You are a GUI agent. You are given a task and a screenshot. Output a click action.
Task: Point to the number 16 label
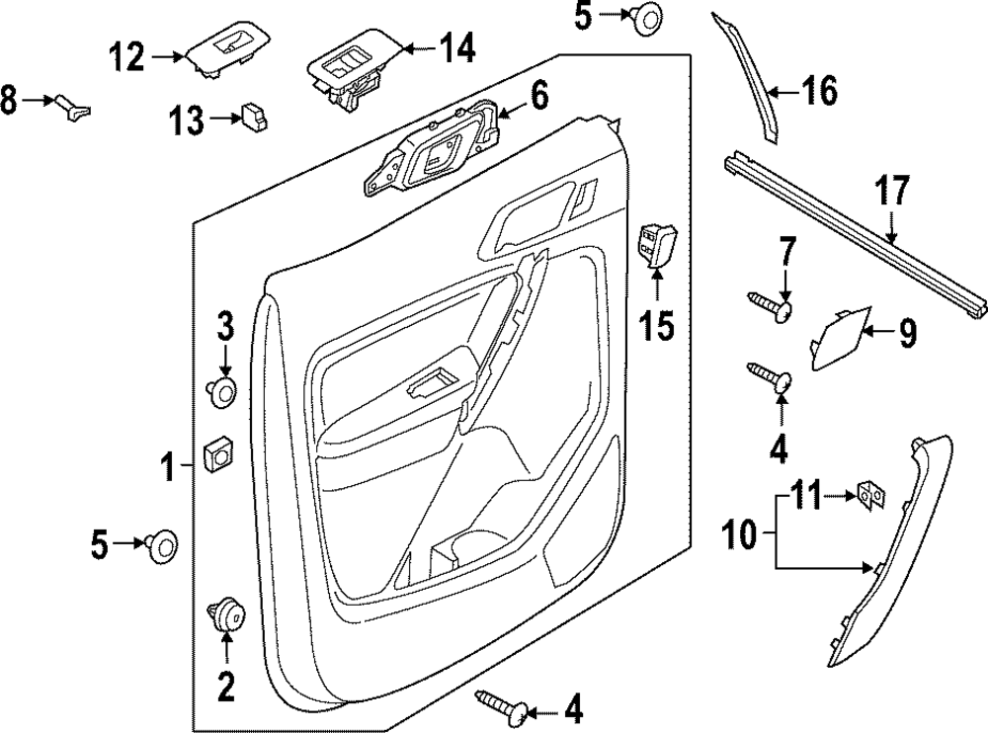(x=819, y=91)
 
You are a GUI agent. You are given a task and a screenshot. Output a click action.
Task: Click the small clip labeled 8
(x=74, y=105)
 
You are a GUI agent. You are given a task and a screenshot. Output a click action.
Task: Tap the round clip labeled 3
(x=224, y=390)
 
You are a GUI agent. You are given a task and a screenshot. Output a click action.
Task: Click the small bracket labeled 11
(x=870, y=495)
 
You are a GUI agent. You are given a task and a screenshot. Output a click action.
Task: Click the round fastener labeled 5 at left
(x=161, y=544)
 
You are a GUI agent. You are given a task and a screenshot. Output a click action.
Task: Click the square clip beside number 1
(x=216, y=457)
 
